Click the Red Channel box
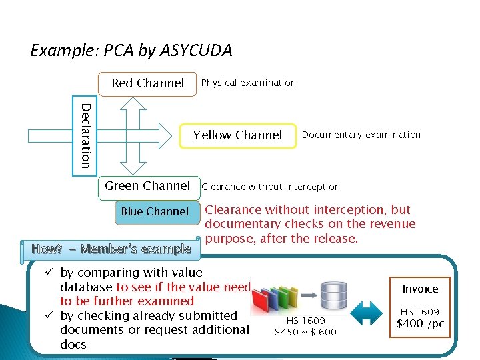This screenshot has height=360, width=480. pos(147,83)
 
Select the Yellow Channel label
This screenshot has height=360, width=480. pos(237,135)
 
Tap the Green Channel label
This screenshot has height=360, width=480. pos(147,186)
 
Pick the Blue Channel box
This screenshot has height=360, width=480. pos(155,211)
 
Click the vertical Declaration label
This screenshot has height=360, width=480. pos(85,135)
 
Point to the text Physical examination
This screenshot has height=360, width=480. pos(248,83)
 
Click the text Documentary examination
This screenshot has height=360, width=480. pos(361,135)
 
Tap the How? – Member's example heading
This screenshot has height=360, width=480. pos(111,249)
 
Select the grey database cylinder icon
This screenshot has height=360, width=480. pos(334,294)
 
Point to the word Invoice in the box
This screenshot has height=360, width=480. pos(420,289)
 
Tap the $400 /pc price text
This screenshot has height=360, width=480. pos(420,324)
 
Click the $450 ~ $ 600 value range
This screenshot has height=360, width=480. pos(306,332)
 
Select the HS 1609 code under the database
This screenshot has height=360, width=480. pos(306,321)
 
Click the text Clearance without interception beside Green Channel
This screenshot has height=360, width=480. pos(271,187)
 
